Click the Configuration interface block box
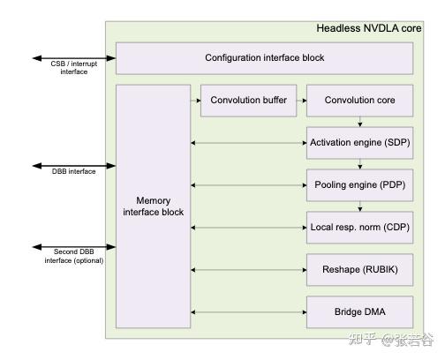coord(264,58)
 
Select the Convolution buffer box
coord(248,101)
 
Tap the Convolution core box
coord(359,101)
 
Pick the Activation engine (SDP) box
coord(359,143)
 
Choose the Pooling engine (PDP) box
coord(359,185)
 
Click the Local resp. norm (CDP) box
coord(359,228)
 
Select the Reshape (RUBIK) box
coord(359,270)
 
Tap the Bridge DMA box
coord(359,312)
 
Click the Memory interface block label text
coord(153,206)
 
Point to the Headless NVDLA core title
coord(369,28)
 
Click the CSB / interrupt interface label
coord(74,68)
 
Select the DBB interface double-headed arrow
coord(74,166)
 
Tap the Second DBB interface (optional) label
coord(74,256)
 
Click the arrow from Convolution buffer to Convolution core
coord(302,101)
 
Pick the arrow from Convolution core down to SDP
coord(360,122)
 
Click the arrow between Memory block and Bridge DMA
coord(249,312)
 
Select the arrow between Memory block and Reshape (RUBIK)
coord(249,270)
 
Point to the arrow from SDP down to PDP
coord(360,164)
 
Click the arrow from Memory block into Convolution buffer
coord(196,101)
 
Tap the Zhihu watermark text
coord(391,340)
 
